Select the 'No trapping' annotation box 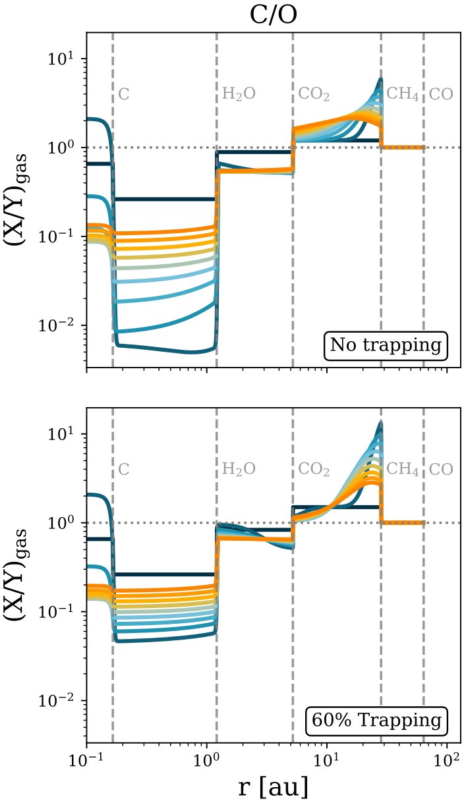coord(386,345)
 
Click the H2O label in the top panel coord(239,95)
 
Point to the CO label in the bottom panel coord(441,470)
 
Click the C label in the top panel coord(123,94)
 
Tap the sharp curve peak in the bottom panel coord(381,423)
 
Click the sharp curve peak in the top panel coord(381,79)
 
